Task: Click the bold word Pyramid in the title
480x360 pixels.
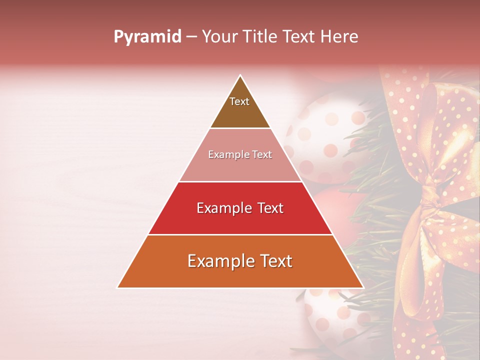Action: [147, 37]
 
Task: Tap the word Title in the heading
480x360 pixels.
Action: [260, 37]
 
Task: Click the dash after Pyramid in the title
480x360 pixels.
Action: [191, 37]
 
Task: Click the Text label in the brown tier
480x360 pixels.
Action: [239, 101]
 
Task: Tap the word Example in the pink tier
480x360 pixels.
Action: [224, 155]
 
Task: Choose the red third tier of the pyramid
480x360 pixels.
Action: [240, 220]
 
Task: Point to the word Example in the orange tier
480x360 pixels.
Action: [220, 261]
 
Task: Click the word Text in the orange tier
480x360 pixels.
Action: [275, 261]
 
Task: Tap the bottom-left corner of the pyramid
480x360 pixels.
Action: [117, 287]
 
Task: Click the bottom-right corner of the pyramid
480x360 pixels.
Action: [363, 287]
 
